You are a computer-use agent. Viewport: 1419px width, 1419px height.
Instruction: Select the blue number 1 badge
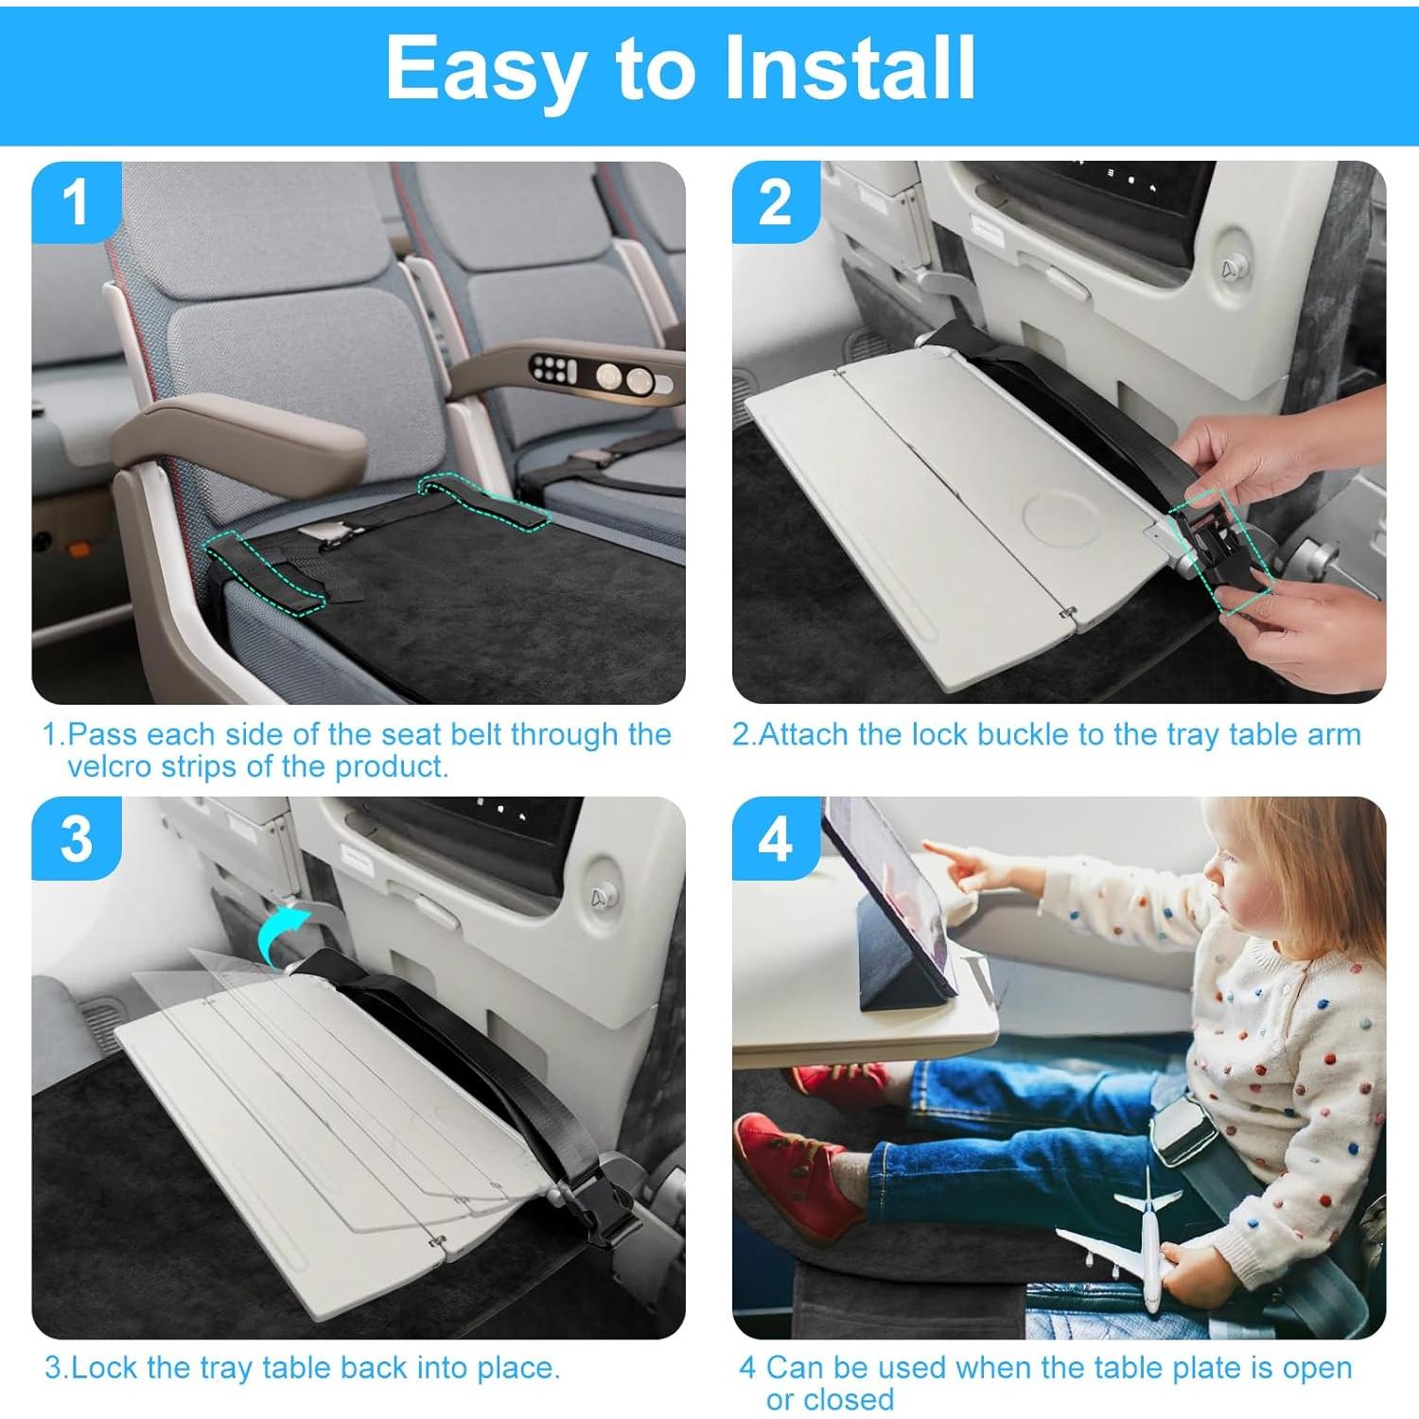(76, 203)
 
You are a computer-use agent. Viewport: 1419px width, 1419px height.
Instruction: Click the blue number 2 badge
(776, 203)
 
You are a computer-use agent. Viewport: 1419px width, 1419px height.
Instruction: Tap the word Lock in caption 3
(105, 1368)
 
